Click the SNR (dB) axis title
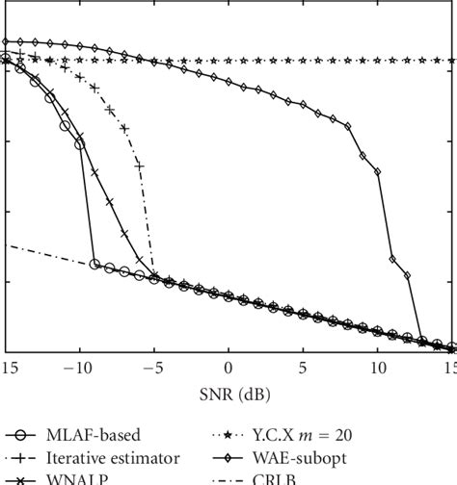(228, 394)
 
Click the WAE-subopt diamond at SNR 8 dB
(347, 125)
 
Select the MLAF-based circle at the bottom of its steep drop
(94, 264)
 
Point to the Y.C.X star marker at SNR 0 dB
(228, 61)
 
